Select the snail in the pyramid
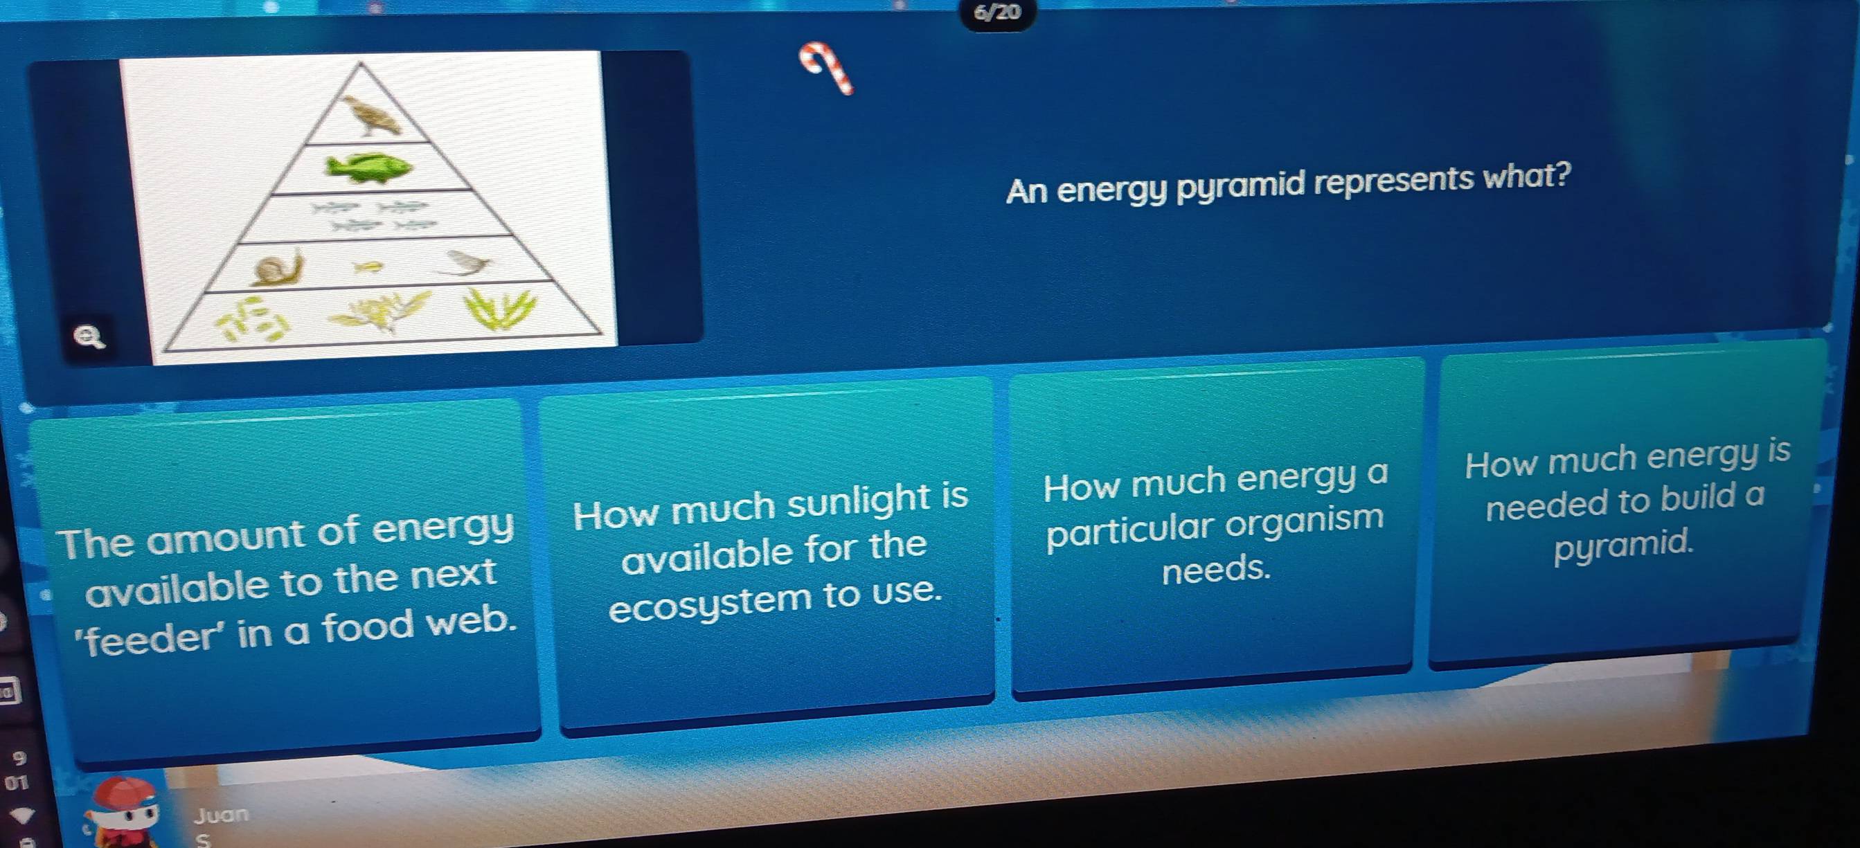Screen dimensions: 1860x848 pos(277,268)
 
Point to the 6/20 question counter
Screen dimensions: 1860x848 pos(997,12)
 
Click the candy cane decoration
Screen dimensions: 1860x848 pos(826,67)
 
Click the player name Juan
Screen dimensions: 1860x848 pos(221,815)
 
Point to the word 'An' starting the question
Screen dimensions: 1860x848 pos(1027,192)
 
